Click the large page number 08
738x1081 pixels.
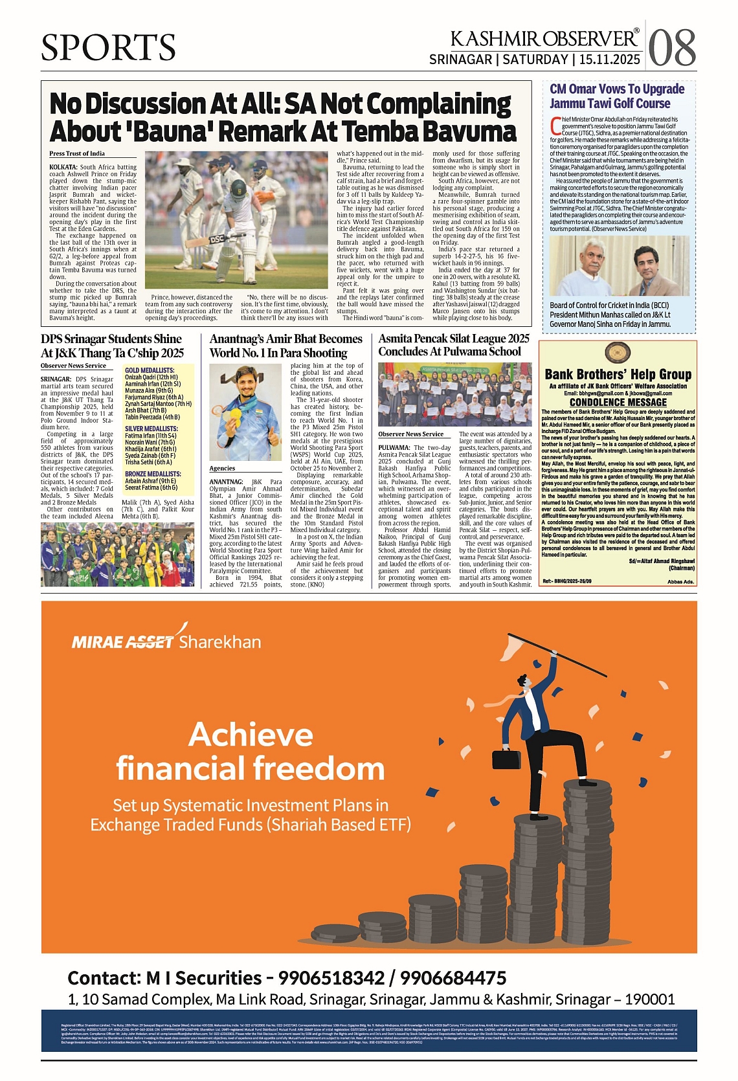[672, 47]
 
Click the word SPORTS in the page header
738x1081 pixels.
[108, 47]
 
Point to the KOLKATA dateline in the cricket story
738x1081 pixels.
[63, 167]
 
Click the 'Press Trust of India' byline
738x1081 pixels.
[77, 153]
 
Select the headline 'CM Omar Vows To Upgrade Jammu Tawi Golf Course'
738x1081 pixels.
[616, 96]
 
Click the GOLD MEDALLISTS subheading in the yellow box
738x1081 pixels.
[150, 370]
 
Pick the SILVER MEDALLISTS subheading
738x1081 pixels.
[151, 429]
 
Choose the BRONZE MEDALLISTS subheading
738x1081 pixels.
[153, 474]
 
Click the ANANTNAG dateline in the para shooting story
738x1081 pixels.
[226, 482]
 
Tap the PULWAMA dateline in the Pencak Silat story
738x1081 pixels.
[394, 447]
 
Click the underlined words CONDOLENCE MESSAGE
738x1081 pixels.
[618, 402]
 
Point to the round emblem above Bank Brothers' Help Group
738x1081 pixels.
[618, 353]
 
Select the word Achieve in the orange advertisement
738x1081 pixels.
[251, 735]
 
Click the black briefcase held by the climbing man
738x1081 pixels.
[507, 759]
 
